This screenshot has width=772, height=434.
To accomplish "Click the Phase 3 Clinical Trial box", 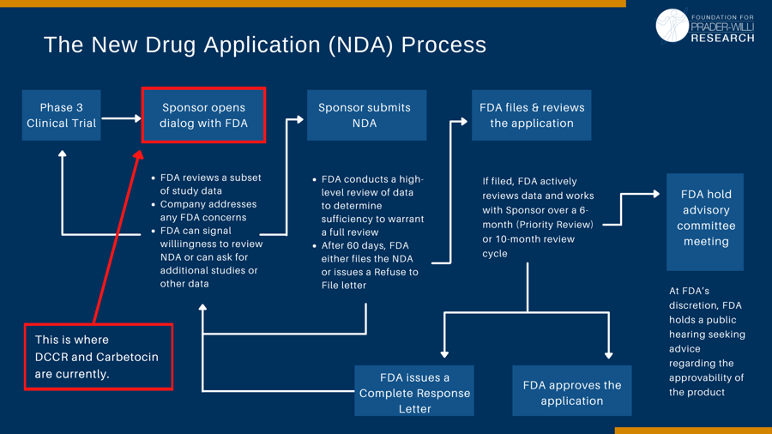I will tap(61, 115).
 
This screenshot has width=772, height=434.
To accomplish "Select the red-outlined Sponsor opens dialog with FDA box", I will tap(203, 115).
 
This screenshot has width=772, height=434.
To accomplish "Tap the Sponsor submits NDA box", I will tap(365, 115).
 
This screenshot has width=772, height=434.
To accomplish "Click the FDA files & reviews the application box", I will tap(531, 115).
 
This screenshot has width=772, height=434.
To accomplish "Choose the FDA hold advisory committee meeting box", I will tap(705, 218).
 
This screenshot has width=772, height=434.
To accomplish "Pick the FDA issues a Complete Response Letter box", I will tap(414, 393).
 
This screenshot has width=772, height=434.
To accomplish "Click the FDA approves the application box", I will tap(571, 393).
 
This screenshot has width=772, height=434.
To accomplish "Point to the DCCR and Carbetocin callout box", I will tap(98, 357).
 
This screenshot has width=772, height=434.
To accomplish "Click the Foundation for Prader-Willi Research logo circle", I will tap(672, 26).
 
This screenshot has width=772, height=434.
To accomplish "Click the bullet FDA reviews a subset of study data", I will tap(210, 184).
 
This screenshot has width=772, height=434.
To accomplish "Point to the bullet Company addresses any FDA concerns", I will tap(208, 210).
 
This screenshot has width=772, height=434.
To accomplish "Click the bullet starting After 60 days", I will tap(369, 265).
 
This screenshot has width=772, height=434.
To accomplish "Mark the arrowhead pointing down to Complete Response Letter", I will tap(444, 353).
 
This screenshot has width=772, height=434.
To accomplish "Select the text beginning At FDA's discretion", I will tap(706, 341).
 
